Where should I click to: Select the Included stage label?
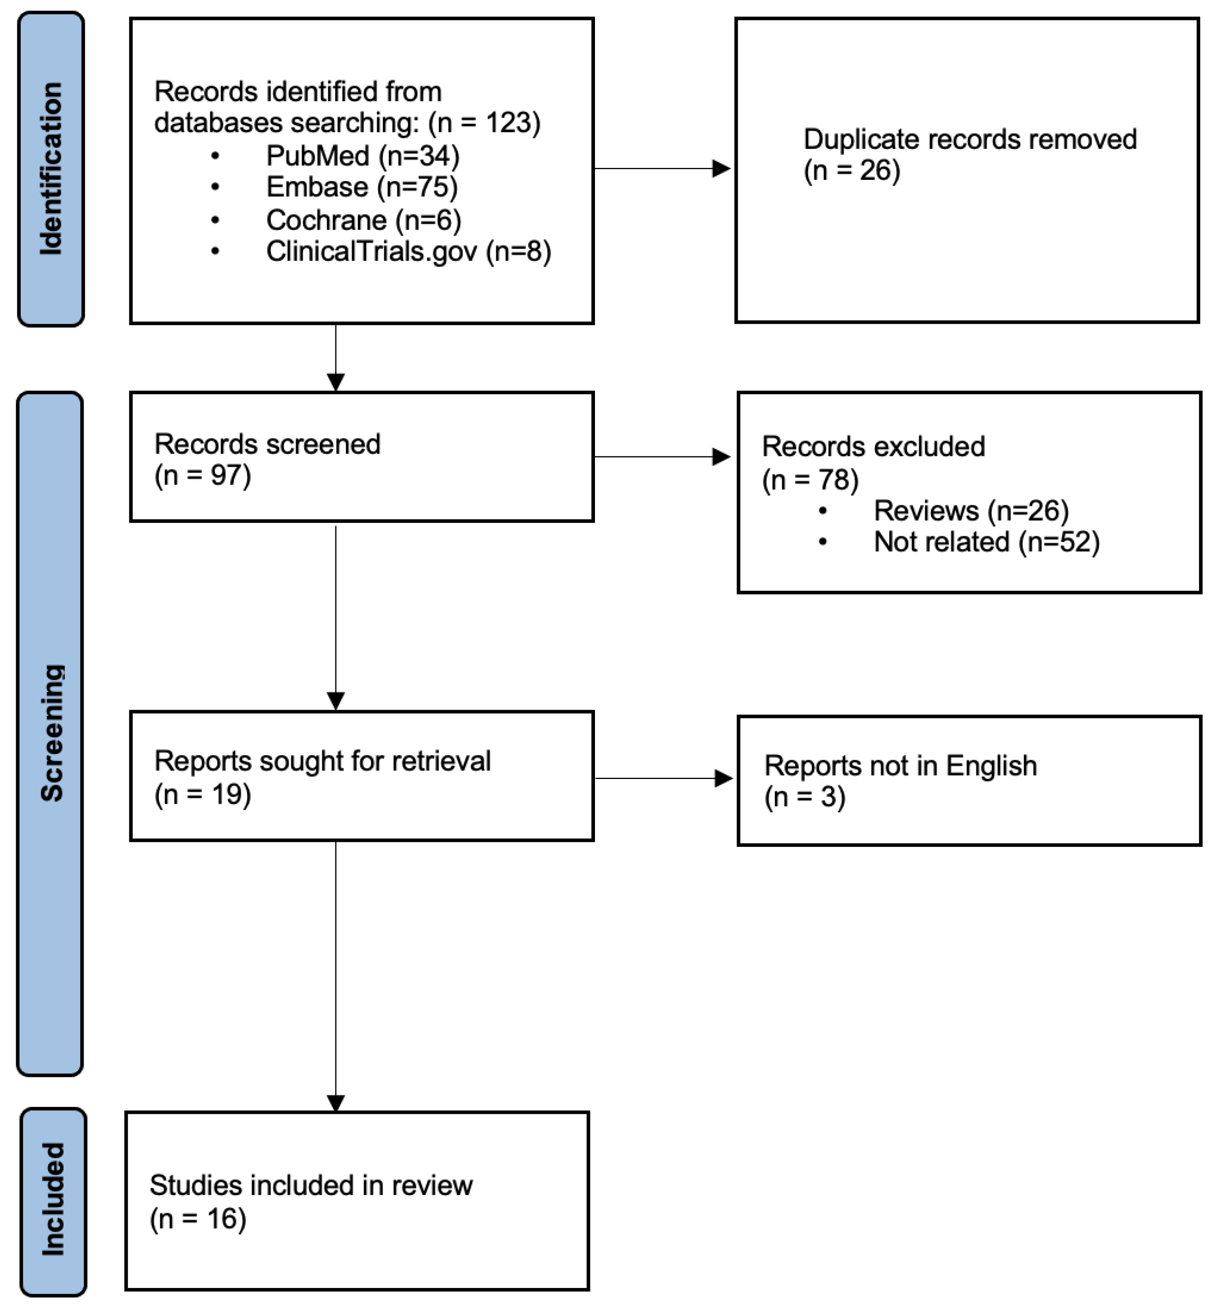tap(53, 1199)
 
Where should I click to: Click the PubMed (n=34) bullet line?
tap(362, 156)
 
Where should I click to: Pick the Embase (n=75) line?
tap(361, 188)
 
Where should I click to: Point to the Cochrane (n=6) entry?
tap(363, 220)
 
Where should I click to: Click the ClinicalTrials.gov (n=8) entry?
tap(408, 251)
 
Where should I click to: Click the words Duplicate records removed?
tap(969, 140)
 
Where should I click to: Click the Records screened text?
tap(267, 444)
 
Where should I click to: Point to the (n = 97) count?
tap(202, 476)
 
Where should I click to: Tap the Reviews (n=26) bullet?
tap(970, 510)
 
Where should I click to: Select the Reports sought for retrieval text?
tap(323, 761)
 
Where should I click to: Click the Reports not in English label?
tap(900, 766)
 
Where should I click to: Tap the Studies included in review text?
tap(311, 1186)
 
